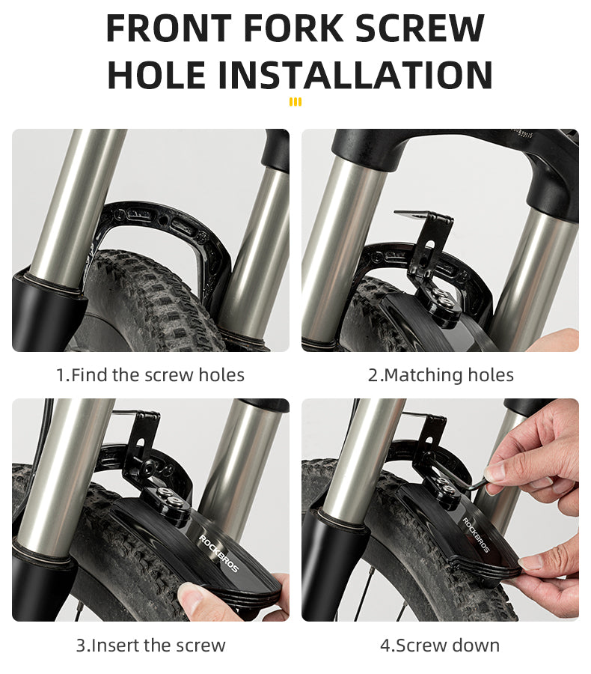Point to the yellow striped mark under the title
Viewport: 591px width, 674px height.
pos(295,102)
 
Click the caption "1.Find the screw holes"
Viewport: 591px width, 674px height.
pos(150,375)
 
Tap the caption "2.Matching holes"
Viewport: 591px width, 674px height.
pos(441,375)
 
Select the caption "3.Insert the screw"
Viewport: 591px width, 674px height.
pos(151,646)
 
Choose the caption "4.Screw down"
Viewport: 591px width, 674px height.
pos(440,646)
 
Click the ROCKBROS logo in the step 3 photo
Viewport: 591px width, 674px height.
pos(218,553)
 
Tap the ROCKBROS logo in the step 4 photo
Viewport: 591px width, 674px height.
pos(476,535)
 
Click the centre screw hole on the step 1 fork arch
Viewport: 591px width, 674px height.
pos(162,221)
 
